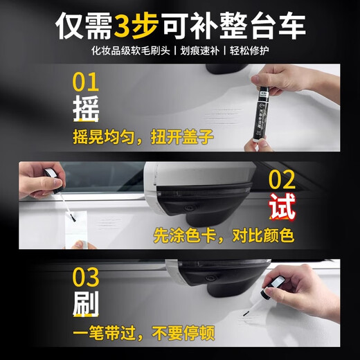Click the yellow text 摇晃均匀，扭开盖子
point(142,137)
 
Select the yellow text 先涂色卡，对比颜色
point(224,235)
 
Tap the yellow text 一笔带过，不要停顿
point(143,333)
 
